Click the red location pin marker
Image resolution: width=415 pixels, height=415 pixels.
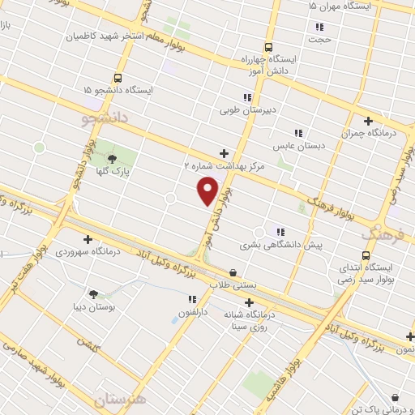pos(208,190)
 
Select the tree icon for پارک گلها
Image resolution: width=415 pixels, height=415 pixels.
pos(112,158)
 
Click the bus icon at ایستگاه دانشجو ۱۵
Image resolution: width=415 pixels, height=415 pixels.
pos(118,79)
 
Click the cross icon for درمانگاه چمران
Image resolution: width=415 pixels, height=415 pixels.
pos(370,120)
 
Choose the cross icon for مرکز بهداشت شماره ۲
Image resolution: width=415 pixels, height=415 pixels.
pos(224,152)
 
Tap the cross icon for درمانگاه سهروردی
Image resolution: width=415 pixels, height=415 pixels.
pos(88,239)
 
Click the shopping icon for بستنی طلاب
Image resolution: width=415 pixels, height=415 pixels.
pos(233,272)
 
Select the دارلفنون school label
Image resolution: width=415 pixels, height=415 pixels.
pos(194,310)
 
